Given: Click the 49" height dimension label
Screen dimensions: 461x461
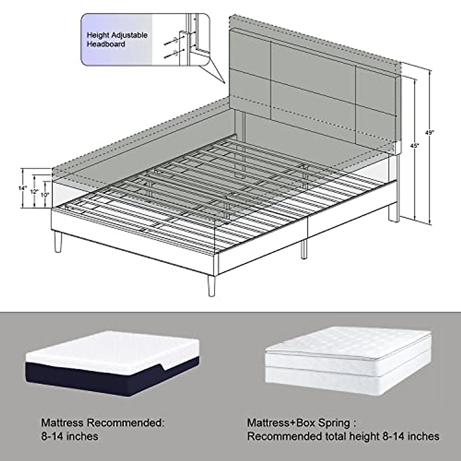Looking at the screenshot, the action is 429,133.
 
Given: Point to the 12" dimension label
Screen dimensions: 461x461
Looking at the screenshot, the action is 35,192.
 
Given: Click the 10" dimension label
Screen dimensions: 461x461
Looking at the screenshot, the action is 45,195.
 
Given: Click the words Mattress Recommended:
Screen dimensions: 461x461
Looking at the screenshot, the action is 102,423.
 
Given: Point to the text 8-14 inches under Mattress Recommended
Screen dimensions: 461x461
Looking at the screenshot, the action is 70,436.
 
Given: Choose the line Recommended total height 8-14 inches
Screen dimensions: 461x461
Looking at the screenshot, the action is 343,436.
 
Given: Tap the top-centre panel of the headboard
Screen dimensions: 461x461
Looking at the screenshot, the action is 313,61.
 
